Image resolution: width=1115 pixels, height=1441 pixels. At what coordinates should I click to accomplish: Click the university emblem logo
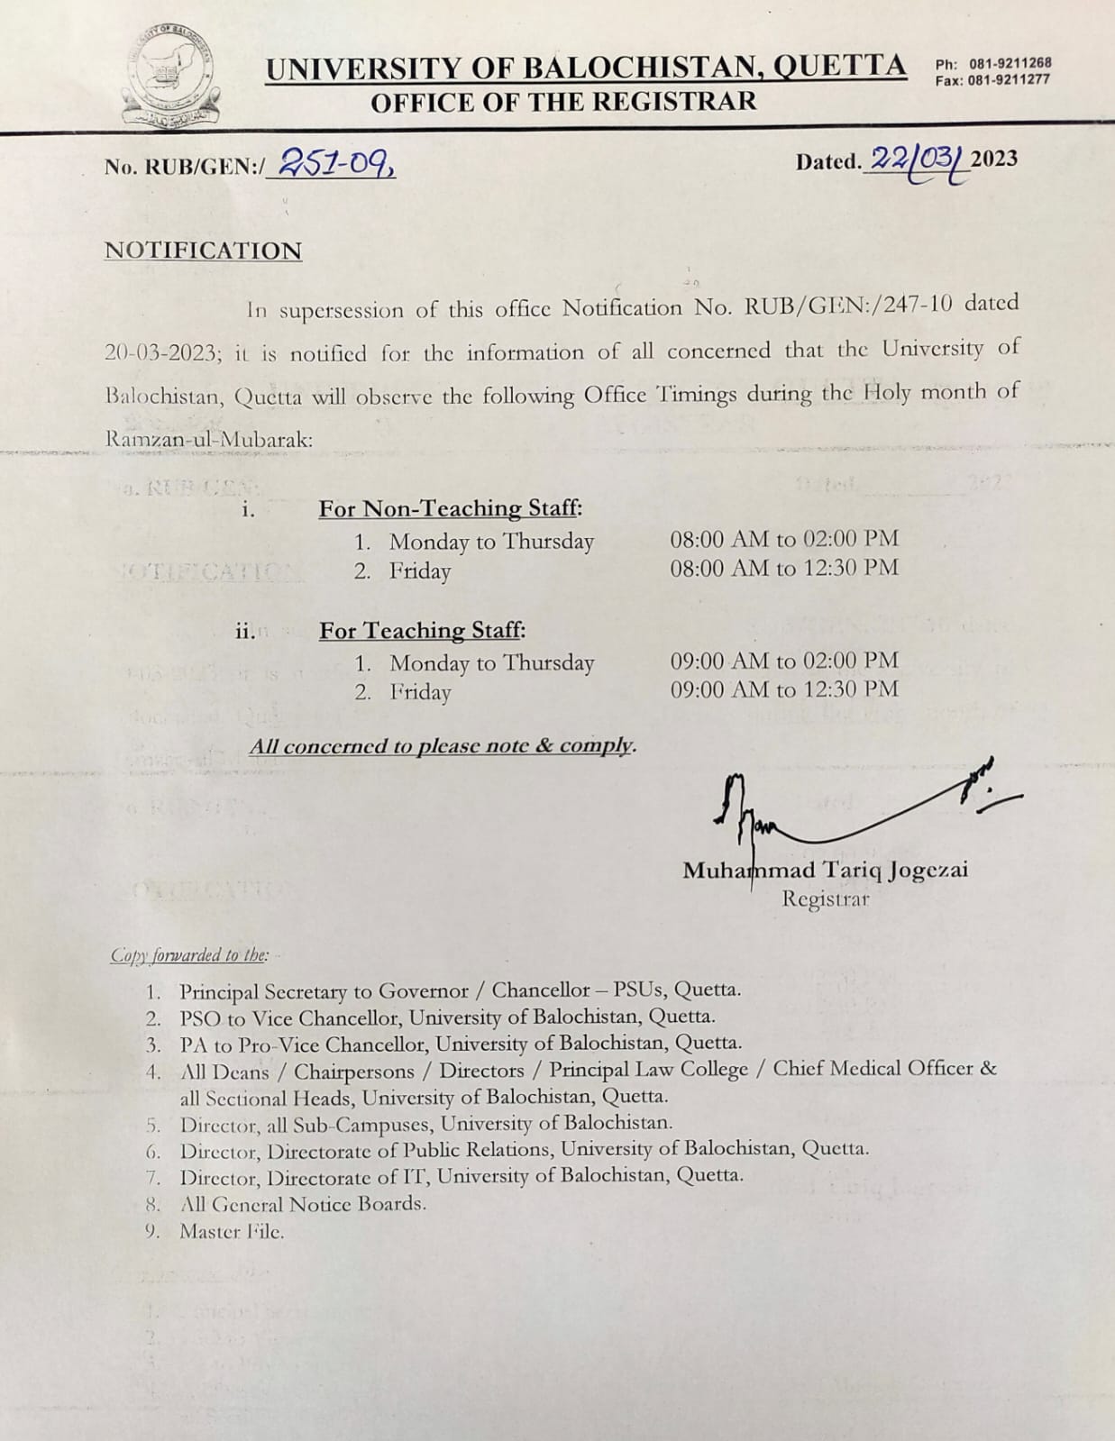[171, 76]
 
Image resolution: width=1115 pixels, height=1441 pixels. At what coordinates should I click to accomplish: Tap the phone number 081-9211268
[1010, 64]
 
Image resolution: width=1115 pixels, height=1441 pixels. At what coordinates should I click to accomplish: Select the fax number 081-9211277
[1010, 80]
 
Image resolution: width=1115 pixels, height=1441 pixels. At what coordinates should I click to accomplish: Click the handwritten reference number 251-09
[334, 163]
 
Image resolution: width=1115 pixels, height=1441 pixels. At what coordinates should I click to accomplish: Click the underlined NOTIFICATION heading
[203, 251]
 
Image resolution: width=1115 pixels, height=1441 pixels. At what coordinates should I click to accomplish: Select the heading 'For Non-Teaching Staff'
[450, 509]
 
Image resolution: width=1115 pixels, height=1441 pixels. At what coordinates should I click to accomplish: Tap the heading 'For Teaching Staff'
[422, 631]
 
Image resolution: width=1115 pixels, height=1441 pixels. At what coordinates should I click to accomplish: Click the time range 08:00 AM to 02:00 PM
[784, 539]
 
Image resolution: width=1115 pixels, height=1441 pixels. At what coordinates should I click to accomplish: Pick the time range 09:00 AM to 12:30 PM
[784, 689]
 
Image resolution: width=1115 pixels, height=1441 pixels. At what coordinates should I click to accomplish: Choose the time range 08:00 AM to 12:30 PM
[784, 568]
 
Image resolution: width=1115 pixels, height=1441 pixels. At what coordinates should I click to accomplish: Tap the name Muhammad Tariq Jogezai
[825, 871]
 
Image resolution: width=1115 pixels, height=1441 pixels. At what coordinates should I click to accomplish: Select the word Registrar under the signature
[826, 898]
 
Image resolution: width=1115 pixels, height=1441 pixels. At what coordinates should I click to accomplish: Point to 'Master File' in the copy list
[232, 1231]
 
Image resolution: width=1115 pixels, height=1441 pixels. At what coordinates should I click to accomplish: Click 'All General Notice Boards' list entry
[303, 1204]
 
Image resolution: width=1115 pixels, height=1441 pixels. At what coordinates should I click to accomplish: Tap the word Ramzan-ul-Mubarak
[208, 440]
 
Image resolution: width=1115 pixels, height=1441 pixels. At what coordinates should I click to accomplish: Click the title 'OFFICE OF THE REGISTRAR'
[563, 102]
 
